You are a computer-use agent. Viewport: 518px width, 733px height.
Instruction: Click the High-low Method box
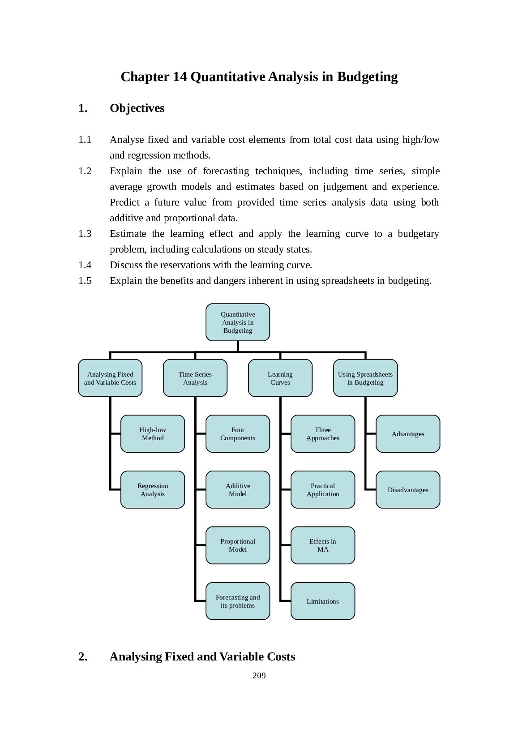[153, 433]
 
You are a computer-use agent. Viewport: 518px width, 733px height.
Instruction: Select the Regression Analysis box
[153, 489]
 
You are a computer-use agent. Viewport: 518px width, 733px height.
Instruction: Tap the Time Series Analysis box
[195, 378]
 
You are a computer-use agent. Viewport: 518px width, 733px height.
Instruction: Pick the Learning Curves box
[280, 378]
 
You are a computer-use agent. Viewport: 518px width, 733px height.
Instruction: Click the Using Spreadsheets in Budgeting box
[365, 378]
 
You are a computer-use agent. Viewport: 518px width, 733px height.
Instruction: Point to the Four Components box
[238, 433]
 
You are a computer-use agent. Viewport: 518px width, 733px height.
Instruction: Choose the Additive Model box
[238, 489]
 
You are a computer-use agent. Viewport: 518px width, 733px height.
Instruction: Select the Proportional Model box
[238, 545]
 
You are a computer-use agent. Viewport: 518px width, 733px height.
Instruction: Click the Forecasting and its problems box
[238, 601]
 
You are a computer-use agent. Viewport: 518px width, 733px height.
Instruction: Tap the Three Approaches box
[323, 433]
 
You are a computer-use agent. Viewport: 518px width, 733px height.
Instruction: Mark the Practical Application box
[323, 489]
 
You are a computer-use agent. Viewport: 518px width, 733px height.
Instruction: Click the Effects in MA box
[323, 545]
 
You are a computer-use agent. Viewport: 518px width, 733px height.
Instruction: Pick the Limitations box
[323, 601]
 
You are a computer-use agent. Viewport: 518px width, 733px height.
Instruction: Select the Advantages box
[408, 433]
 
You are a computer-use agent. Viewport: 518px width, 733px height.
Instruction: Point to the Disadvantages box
[408, 489]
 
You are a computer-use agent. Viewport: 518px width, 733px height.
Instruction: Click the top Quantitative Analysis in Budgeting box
[238, 322]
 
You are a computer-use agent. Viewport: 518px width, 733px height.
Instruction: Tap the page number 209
[259, 676]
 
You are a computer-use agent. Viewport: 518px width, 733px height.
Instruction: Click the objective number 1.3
[85, 234]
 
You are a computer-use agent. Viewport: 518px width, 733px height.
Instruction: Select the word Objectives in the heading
[137, 108]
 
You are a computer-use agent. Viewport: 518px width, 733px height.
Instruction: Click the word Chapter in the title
[145, 77]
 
